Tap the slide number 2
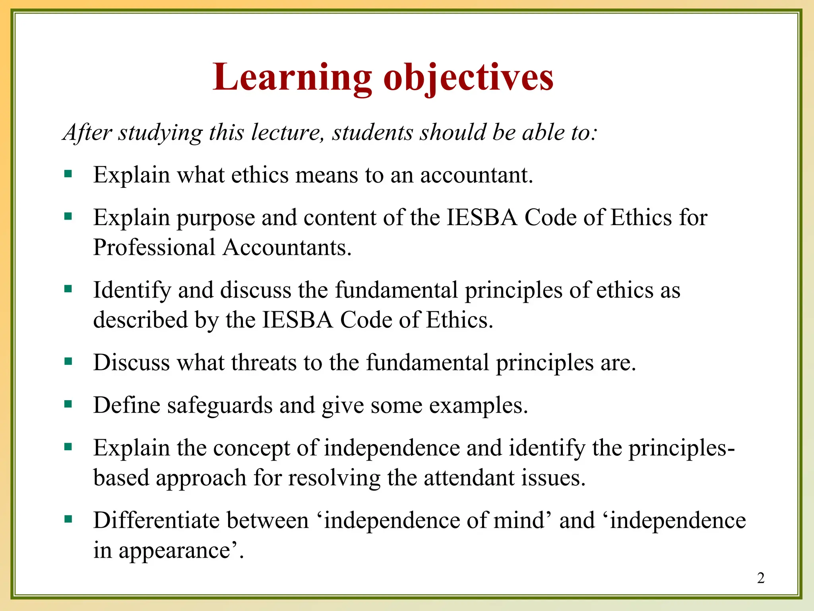(x=761, y=578)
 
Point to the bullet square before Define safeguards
(x=68, y=405)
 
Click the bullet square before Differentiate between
(x=68, y=519)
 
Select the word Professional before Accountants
(x=154, y=247)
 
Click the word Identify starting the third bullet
(x=132, y=290)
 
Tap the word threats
(x=264, y=363)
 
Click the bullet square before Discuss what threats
(x=68, y=362)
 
